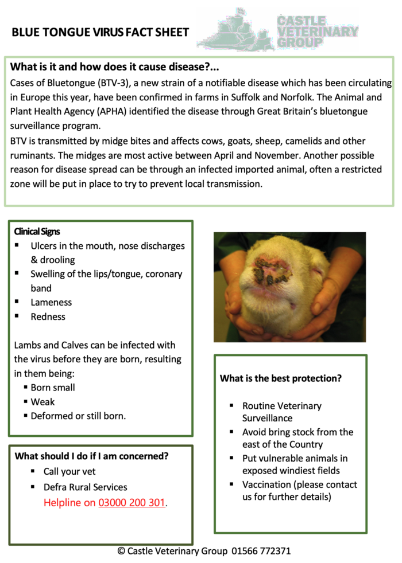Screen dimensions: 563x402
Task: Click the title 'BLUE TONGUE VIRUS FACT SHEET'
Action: tap(100, 33)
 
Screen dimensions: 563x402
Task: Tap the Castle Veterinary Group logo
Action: tap(278, 30)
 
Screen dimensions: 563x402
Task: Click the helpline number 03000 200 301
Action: tap(132, 503)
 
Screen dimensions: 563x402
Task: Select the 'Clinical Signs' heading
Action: tap(37, 232)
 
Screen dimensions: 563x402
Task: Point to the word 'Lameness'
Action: tap(51, 302)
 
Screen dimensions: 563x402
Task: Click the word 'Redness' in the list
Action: tap(48, 316)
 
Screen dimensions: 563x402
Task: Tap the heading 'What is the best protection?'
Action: tap(281, 378)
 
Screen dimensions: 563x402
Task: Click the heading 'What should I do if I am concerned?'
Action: tap(91, 456)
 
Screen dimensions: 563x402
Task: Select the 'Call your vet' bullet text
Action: tap(69, 472)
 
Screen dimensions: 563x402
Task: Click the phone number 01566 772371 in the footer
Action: tap(261, 551)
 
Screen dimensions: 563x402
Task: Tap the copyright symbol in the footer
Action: tap(121, 551)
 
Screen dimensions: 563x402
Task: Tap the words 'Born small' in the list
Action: tap(53, 388)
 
